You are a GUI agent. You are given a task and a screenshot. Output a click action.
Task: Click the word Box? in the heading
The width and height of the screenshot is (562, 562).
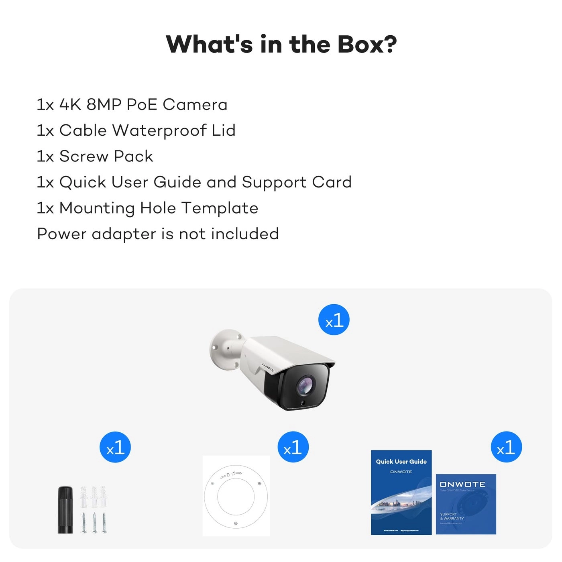point(367,44)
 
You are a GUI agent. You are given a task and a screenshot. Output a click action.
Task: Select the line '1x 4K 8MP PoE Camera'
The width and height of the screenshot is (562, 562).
point(132,105)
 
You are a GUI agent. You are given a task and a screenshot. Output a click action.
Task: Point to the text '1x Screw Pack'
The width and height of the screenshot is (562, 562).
point(95,157)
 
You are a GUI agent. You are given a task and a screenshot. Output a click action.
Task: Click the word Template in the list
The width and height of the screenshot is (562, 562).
point(220,208)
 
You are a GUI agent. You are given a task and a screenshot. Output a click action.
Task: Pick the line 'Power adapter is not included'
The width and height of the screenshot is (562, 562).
point(158,234)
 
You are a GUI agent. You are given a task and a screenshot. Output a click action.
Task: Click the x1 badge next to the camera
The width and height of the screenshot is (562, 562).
point(334,320)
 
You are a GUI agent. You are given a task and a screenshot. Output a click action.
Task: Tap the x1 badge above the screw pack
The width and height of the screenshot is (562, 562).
point(115,448)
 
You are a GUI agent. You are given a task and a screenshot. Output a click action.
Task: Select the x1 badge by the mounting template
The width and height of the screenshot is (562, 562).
point(293,448)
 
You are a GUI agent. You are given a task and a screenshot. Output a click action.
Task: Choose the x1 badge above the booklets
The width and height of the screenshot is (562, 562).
point(506,448)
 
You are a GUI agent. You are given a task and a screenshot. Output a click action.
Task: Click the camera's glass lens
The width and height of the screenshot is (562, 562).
point(305,386)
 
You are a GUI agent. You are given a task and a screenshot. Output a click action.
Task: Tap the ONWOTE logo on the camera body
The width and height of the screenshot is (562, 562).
point(268,367)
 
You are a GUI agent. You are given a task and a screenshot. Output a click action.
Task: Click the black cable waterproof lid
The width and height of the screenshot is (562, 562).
point(65,510)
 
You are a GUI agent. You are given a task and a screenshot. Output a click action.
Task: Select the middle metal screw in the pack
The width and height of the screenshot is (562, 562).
point(94,522)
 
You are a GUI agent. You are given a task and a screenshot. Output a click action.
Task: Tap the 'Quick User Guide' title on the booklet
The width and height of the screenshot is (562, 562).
point(401,462)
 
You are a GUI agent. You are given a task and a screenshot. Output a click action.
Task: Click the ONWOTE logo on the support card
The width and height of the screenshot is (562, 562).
point(462,485)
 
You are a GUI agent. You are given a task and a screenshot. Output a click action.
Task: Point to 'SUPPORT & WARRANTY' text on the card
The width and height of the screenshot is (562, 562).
point(452,516)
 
